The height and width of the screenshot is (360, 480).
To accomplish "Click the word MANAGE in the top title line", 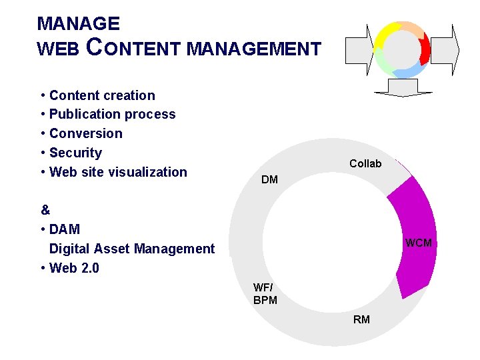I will pyautogui.click(x=79, y=24).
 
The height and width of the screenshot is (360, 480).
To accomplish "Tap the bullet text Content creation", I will pyautogui.click(x=102, y=95).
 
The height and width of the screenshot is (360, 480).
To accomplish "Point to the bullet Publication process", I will pyautogui.click(x=112, y=114).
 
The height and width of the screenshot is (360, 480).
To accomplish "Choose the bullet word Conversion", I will pyautogui.click(x=86, y=133).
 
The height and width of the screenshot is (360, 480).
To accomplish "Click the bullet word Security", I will pyautogui.click(x=75, y=153).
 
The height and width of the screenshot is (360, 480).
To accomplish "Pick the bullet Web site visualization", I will pyautogui.click(x=118, y=172).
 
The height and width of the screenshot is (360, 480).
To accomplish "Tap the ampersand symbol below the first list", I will pyautogui.click(x=45, y=210).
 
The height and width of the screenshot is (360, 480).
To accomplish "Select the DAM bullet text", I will pyautogui.click(x=65, y=229).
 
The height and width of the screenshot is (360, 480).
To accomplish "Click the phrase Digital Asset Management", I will pyautogui.click(x=132, y=249).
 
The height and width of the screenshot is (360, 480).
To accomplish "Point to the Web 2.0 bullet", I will pyautogui.click(x=74, y=268).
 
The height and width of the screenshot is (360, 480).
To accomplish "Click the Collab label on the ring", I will pyautogui.click(x=365, y=163).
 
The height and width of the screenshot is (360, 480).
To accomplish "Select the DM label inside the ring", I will pyautogui.click(x=270, y=180).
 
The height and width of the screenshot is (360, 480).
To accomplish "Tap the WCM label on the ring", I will pyautogui.click(x=419, y=243).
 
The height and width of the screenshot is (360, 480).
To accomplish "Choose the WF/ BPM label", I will pyautogui.click(x=265, y=294).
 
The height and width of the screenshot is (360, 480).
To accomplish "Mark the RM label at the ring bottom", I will pyautogui.click(x=361, y=319).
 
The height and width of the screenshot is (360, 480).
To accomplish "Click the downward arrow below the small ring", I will pyautogui.click(x=402, y=87).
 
